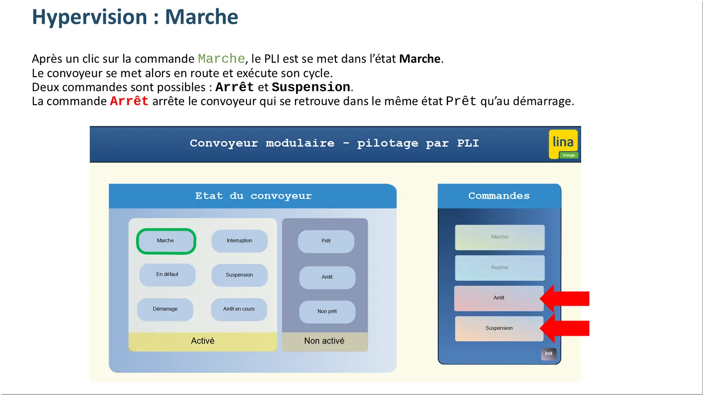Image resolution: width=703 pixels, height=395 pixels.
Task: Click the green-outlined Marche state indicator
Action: [x=166, y=241]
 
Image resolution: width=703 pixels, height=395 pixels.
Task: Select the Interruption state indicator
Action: [x=239, y=241]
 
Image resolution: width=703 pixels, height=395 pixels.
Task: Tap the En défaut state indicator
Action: [x=167, y=274]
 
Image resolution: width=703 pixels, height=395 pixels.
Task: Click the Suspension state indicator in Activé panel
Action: [x=239, y=275]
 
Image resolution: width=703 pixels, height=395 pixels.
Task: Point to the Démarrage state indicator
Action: [x=165, y=309]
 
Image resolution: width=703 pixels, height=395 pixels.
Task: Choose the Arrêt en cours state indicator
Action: [x=239, y=309]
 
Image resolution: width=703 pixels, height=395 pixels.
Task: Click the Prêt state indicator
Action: [x=326, y=241]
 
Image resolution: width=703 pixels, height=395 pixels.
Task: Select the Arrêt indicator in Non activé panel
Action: [x=327, y=277]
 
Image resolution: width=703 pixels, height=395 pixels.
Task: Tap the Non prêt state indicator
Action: [x=327, y=311]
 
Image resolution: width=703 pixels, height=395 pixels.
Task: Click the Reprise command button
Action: [x=500, y=267]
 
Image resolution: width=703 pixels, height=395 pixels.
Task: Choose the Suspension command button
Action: [x=499, y=328]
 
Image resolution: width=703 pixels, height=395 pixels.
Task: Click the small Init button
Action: [x=549, y=354]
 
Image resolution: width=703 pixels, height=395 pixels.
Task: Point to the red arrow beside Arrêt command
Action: [x=566, y=298]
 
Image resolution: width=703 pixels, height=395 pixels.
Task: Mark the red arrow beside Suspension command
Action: [x=566, y=328]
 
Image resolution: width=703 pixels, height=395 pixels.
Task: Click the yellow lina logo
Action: [x=563, y=144]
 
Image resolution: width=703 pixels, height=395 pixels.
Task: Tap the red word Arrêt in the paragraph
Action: [x=129, y=101]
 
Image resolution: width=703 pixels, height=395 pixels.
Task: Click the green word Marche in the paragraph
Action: [x=221, y=58]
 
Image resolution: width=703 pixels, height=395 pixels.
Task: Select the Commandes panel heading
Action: [x=499, y=196]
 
